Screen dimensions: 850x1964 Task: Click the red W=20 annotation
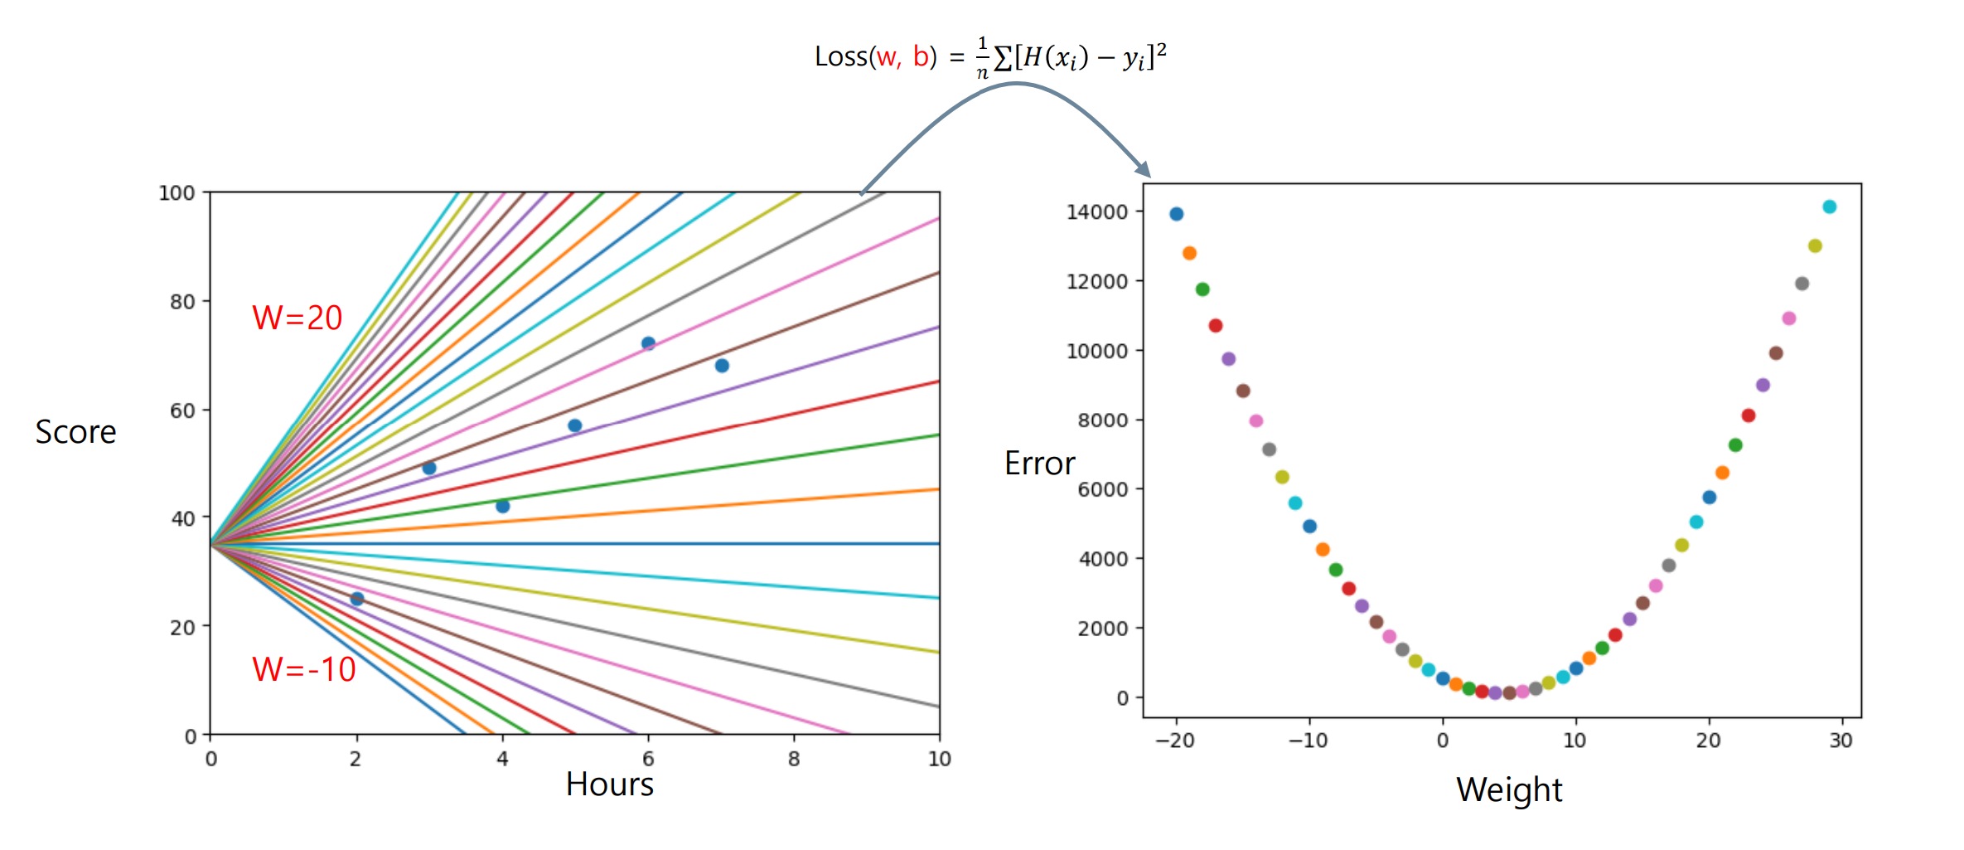(297, 318)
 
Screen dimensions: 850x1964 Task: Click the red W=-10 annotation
(303, 669)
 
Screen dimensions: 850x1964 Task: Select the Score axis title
(75, 432)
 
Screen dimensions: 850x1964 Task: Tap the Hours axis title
(609, 784)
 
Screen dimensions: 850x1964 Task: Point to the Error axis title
(1039, 464)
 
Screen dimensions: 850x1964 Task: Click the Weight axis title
(1509, 789)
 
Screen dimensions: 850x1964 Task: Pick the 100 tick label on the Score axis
(177, 193)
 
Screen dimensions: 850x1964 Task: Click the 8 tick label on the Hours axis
(794, 759)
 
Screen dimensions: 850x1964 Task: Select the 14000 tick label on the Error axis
(1097, 212)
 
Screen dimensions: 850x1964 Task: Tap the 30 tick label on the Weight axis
(1841, 741)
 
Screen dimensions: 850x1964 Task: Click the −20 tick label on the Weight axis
(1175, 741)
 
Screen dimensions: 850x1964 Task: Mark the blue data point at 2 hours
(357, 599)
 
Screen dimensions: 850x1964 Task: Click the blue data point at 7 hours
(722, 366)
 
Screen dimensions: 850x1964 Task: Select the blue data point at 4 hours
(502, 506)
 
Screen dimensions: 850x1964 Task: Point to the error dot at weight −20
(1176, 214)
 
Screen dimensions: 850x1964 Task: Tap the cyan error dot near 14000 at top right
(1829, 207)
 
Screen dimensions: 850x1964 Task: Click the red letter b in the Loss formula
(920, 56)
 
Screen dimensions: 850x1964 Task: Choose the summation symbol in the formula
(1003, 58)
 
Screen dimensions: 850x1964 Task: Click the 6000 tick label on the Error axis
(1102, 490)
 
